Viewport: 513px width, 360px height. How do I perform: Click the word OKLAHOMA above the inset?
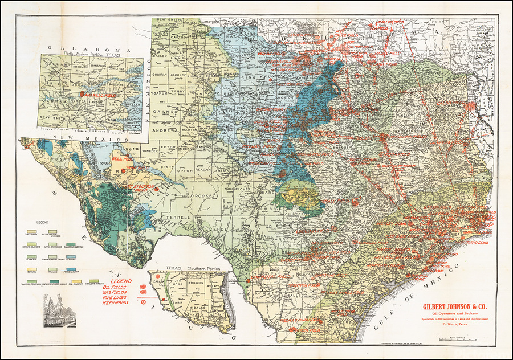(91, 51)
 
